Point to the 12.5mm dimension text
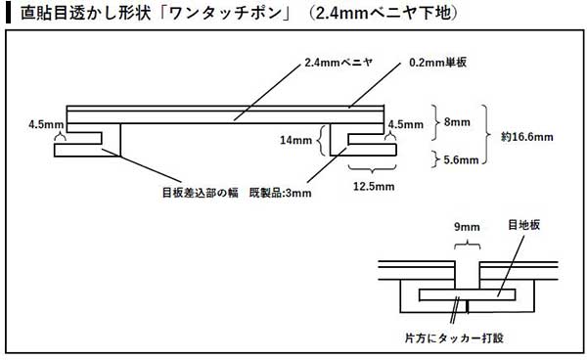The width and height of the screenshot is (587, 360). click(375, 186)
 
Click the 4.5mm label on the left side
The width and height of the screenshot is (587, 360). click(46, 124)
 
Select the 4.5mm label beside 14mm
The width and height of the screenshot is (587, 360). click(405, 125)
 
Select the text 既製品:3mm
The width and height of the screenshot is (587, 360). click(281, 192)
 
